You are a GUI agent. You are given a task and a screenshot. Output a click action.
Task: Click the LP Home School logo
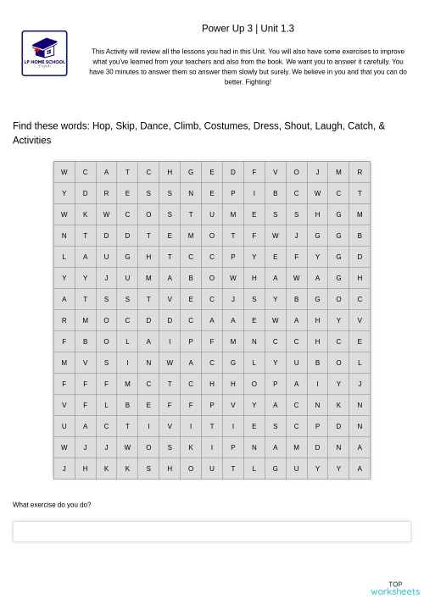pyautogui.click(x=44, y=53)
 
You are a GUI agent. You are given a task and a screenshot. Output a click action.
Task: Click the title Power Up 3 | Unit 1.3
pyautogui.click(x=248, y=28)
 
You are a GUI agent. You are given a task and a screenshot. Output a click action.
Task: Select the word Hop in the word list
pyautogui.click(x=102, y=126)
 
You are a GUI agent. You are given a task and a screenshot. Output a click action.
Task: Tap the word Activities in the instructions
pyautogui.click(x=31, y=141)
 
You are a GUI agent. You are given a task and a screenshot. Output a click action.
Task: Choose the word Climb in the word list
pyautogui.click(x=187, y=126)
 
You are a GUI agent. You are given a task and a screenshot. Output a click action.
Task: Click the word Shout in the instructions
pyautogui.click(x=297, y=126)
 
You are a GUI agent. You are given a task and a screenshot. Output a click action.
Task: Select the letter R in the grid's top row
pyautogui.click(x=360, y=172)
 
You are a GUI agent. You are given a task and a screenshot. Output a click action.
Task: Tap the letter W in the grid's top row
pyautogui.click(x=64, y=172)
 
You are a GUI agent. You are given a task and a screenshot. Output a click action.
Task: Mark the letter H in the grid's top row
pyautogui.click(x=170, y=172)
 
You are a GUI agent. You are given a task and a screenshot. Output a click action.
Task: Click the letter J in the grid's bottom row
pyautogui.click(x=64, y=469)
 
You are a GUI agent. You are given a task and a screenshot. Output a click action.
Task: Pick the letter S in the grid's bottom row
pyautogui.click(x=148, y=469)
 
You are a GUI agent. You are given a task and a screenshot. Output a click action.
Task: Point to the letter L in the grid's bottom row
pyautogui.click(x=254, y=469)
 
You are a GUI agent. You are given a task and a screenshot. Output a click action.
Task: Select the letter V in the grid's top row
pyautogui.click(x=275, y=172)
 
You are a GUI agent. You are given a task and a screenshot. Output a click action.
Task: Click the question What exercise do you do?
pyautogui.click(x=52, y=505)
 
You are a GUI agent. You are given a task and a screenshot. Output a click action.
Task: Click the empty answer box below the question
pyautogui.click(x=211, y=531)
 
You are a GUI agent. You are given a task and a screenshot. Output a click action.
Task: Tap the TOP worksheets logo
pyautogui.click(x=395, y=588)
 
